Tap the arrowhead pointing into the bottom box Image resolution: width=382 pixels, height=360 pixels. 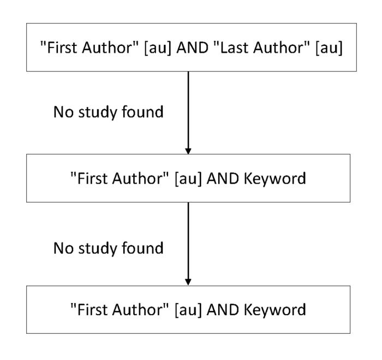(188, 281)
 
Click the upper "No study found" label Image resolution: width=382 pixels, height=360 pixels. (108, 114)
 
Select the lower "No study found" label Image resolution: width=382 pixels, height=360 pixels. (108, 247)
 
